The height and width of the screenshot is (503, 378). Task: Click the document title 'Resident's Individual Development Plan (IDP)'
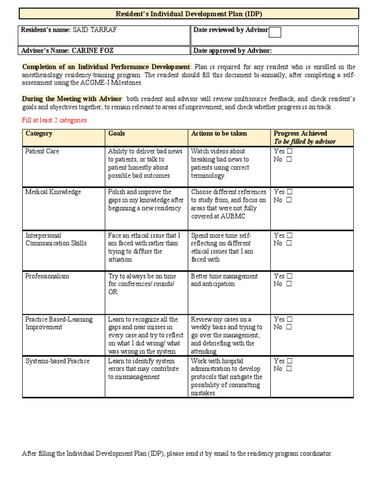point(189,14)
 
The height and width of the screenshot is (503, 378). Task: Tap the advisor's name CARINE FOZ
point(96,51)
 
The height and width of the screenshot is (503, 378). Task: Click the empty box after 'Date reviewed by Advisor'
point(275,32)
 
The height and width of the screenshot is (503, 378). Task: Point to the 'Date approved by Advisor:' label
point(232,51)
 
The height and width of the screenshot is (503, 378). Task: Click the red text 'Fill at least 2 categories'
point(54,120)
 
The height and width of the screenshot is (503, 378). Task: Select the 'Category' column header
point(39,134)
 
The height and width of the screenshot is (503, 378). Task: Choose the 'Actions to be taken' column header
point(219,134)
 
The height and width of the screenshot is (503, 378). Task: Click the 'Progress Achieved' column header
point(300,134)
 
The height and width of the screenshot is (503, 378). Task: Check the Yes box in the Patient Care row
point(289,152)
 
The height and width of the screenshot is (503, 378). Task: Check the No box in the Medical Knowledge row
point(289,200)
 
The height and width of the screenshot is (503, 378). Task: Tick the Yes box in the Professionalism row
point(289,277)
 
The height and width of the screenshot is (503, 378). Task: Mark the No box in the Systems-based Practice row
point(289,369)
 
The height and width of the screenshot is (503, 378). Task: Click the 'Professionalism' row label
point(47,276)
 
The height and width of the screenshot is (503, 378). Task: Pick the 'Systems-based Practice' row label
point(58,361)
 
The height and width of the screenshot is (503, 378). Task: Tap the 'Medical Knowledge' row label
point(53,192)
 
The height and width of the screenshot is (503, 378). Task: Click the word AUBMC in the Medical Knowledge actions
point(233,216)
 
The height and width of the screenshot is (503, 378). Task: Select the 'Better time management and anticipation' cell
point(224,280)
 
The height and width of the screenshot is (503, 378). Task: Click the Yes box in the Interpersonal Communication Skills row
point(289,236)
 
